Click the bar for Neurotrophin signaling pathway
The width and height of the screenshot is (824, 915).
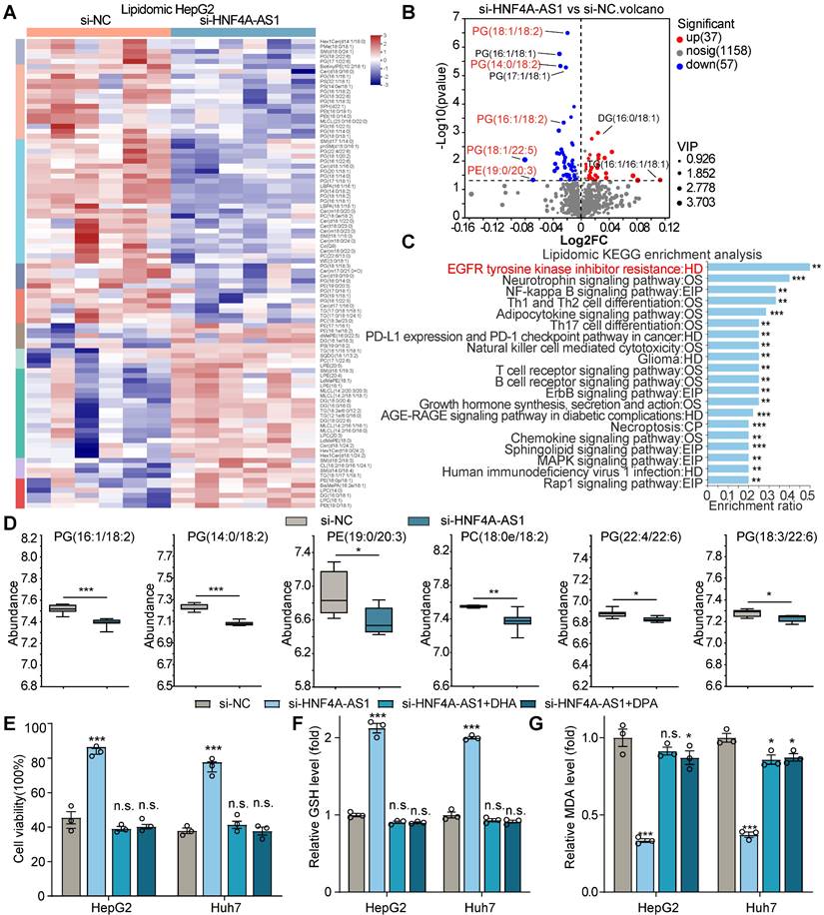point(749,283)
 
